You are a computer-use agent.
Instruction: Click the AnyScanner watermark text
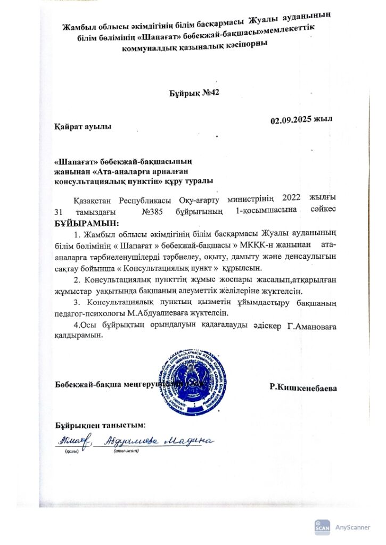click(352, 527)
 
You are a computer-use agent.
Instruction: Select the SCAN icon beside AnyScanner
click(322, 527)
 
